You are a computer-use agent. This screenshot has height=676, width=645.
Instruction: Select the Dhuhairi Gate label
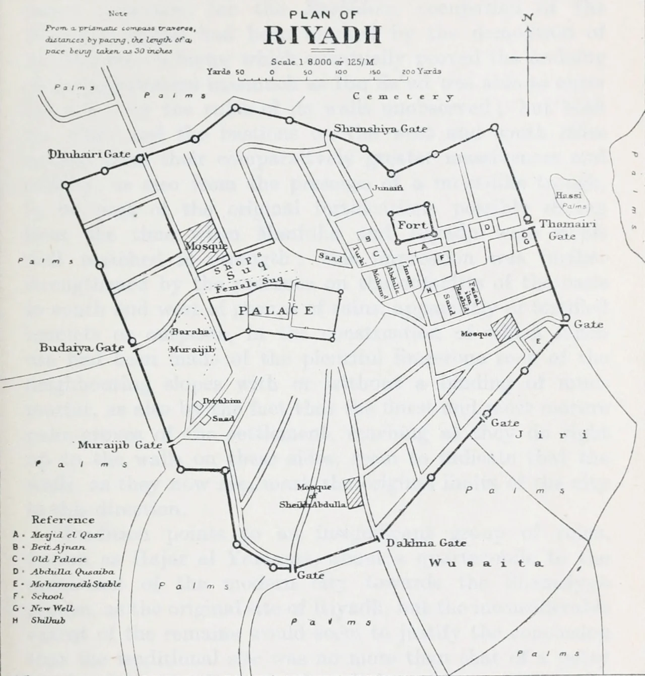(x=89, y=154)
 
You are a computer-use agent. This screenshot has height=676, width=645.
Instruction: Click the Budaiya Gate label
(x=82, y=347)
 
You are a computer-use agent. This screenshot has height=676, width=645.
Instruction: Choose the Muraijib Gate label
(x=119, y=445)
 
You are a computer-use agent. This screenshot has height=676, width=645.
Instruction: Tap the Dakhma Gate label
(x=419, y=543)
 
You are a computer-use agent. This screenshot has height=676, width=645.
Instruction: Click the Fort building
(x=412, y=225)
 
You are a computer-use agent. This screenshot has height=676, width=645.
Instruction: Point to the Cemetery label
(x=403, y=97)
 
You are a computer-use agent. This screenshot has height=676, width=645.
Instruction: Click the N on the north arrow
(x=527, y=18)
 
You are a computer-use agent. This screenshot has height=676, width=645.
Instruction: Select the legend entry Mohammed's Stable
(x=76, y=584)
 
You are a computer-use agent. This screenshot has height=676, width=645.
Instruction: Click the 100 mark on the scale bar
(x=341, y=72)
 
